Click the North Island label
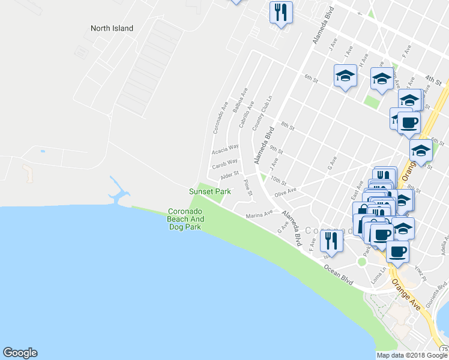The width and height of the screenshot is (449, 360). pyautogui.click(x=112, y=28)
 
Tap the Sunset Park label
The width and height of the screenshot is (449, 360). pyautogui.click(x=210, y=191)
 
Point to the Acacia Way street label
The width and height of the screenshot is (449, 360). pyautogui.click(x=226, y=148)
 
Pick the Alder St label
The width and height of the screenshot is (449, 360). pyautogui.click(x=229, y=175)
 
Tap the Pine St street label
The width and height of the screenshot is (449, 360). pyautogui.click(x=248, y=186)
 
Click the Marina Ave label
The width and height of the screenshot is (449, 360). pyautogui.click(x=259, y=214)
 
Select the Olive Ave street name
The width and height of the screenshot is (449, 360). pyautogui.click(x=286, y=192)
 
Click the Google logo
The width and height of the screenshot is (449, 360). pyautogui.click(x=20, y=353)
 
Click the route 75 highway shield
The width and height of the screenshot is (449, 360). pyautogui.click(x=444, y=349)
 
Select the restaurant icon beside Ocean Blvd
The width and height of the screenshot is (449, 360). pyautogui.click(x=331, y=241)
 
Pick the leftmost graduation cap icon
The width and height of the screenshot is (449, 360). pyautogui.click(x=345, y=76)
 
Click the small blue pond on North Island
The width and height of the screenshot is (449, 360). pyautogui.click(x=42, y=151)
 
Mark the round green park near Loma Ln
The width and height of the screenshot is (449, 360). pyautogui.click(x=362, y=262)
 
